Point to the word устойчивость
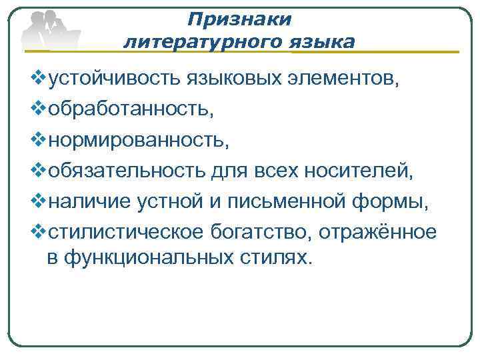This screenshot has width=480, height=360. tap(110, 81)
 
